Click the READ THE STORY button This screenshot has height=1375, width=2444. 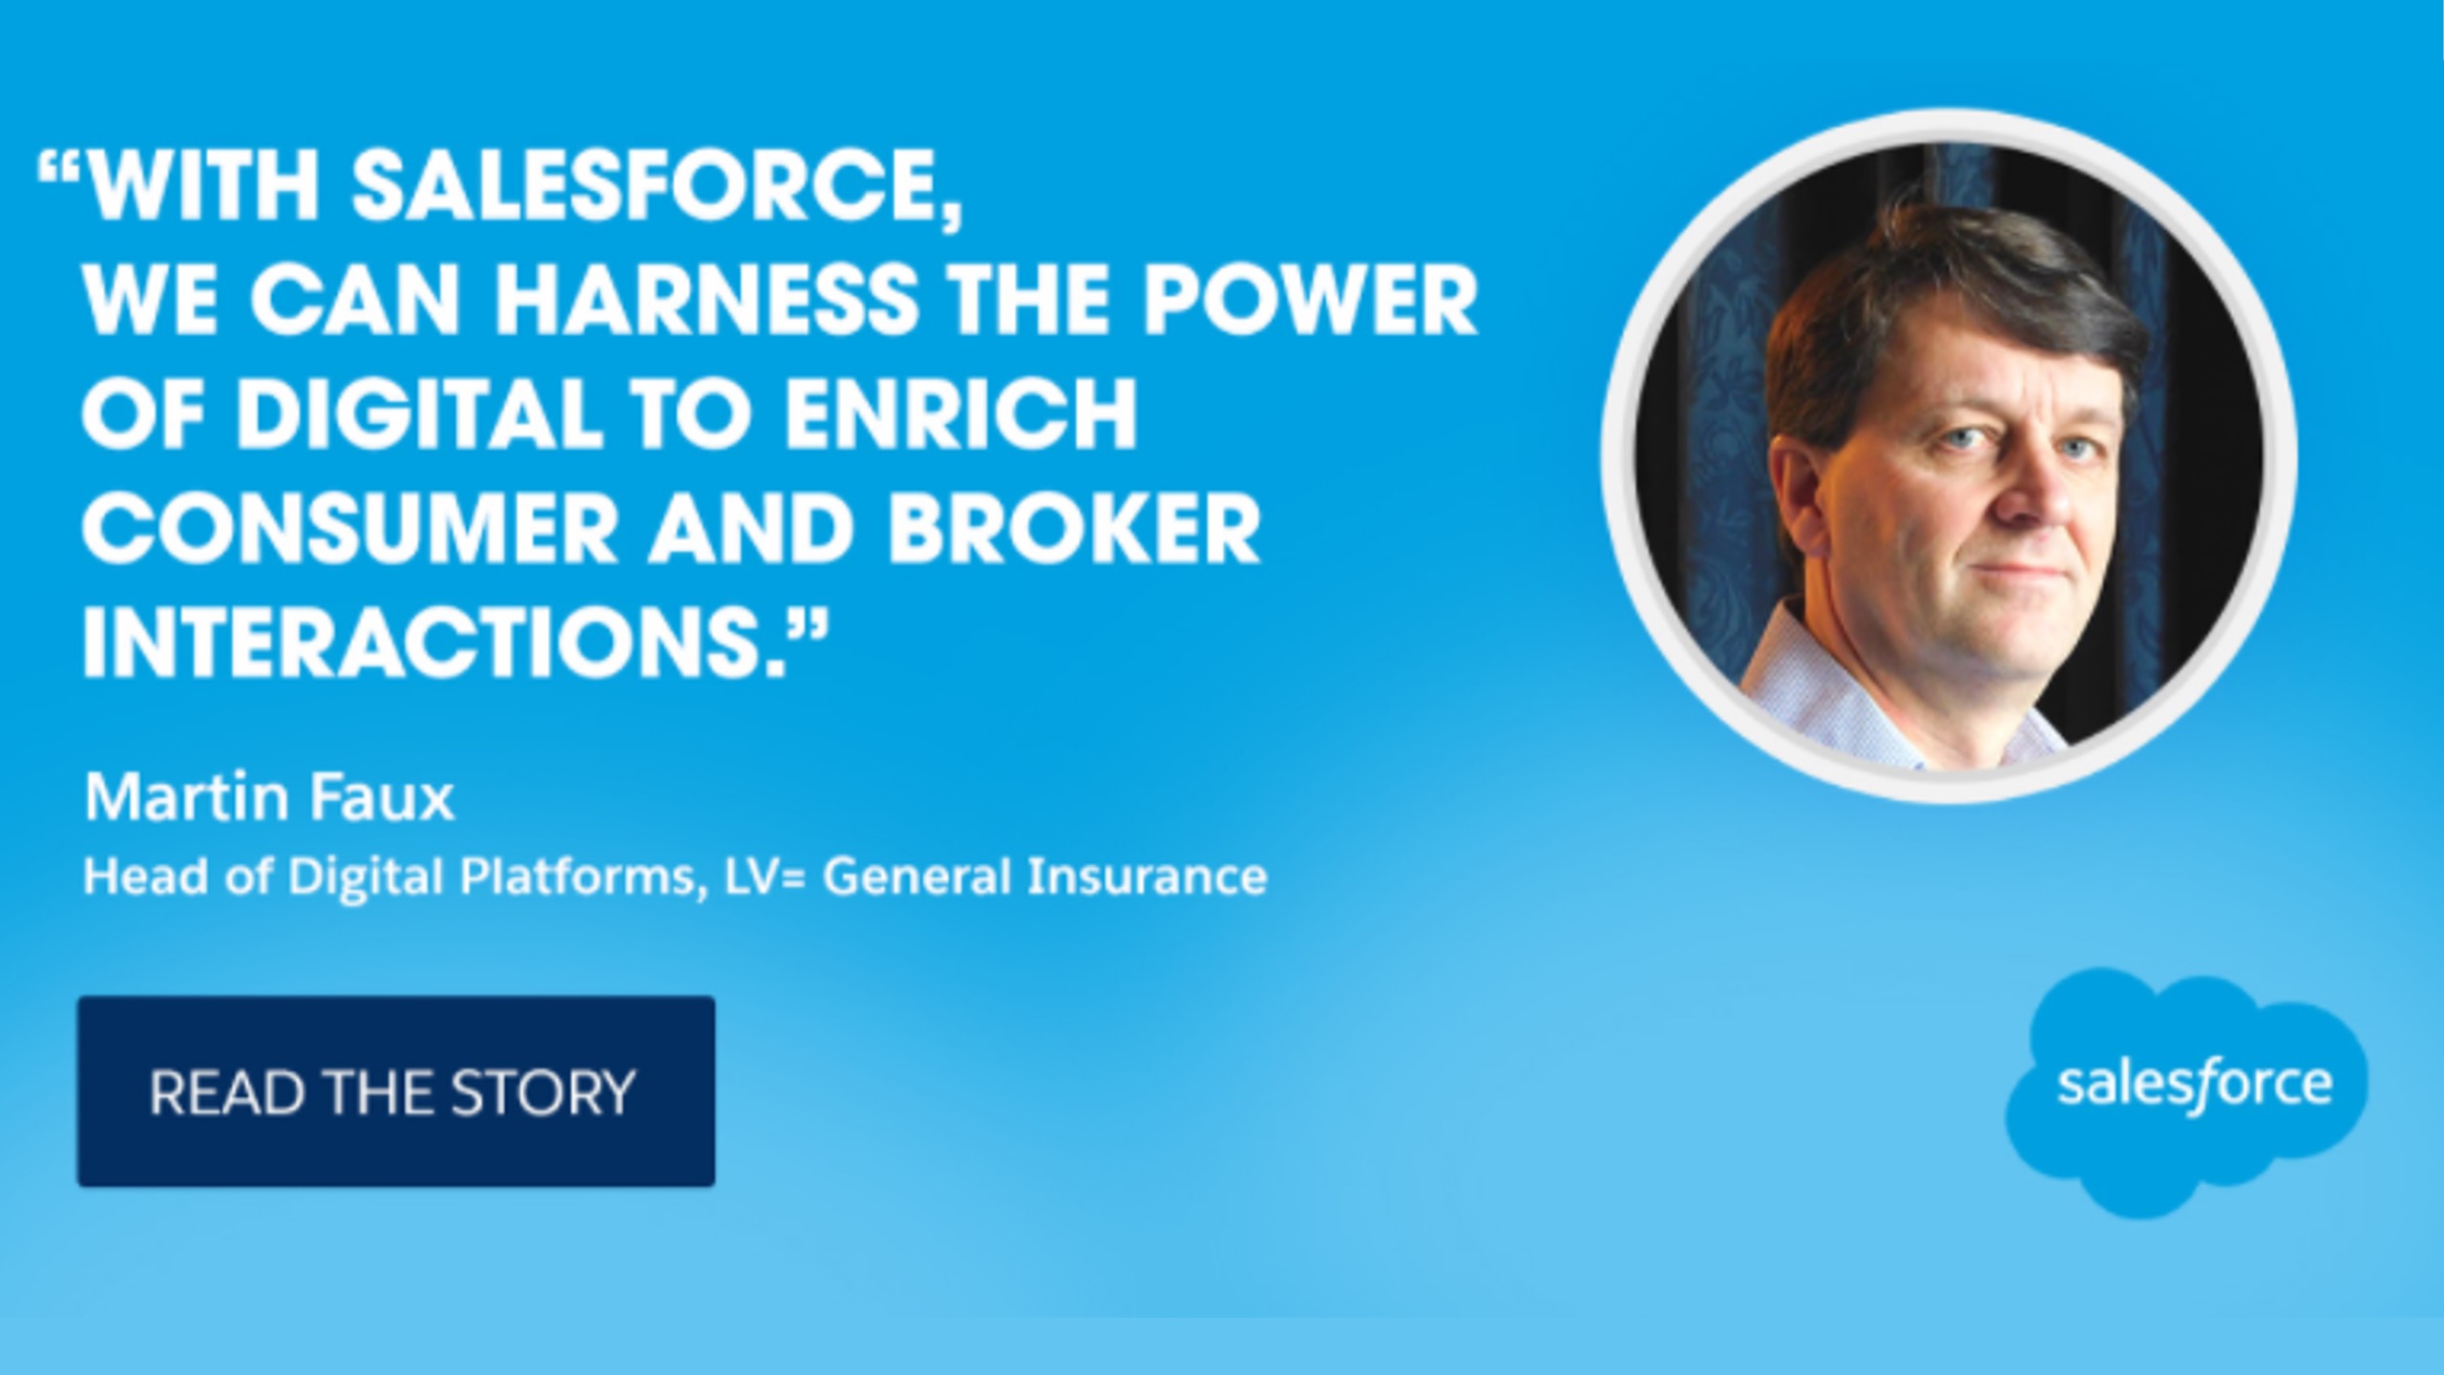[396, 1091]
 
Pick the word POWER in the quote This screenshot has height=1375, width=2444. [1311, 301]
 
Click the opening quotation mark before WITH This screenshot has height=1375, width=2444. [58, 170]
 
